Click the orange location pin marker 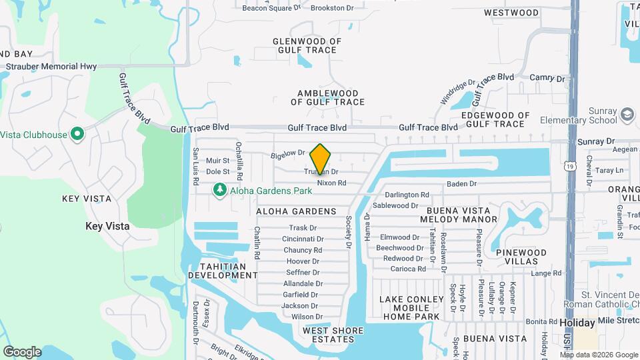321,159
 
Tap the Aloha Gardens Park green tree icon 219,191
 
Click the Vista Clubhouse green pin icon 77,135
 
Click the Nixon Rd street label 331,183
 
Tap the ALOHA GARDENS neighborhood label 296,211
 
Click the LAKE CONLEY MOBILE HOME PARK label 411,308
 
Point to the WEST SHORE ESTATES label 333,335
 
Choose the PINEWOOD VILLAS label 521,257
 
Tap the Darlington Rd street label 406,195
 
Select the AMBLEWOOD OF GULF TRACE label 327,98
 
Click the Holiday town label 577,323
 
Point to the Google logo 22,351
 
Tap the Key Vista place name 107,226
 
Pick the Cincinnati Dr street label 303,239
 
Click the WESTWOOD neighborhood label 511,13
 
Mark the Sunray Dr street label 596,141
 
